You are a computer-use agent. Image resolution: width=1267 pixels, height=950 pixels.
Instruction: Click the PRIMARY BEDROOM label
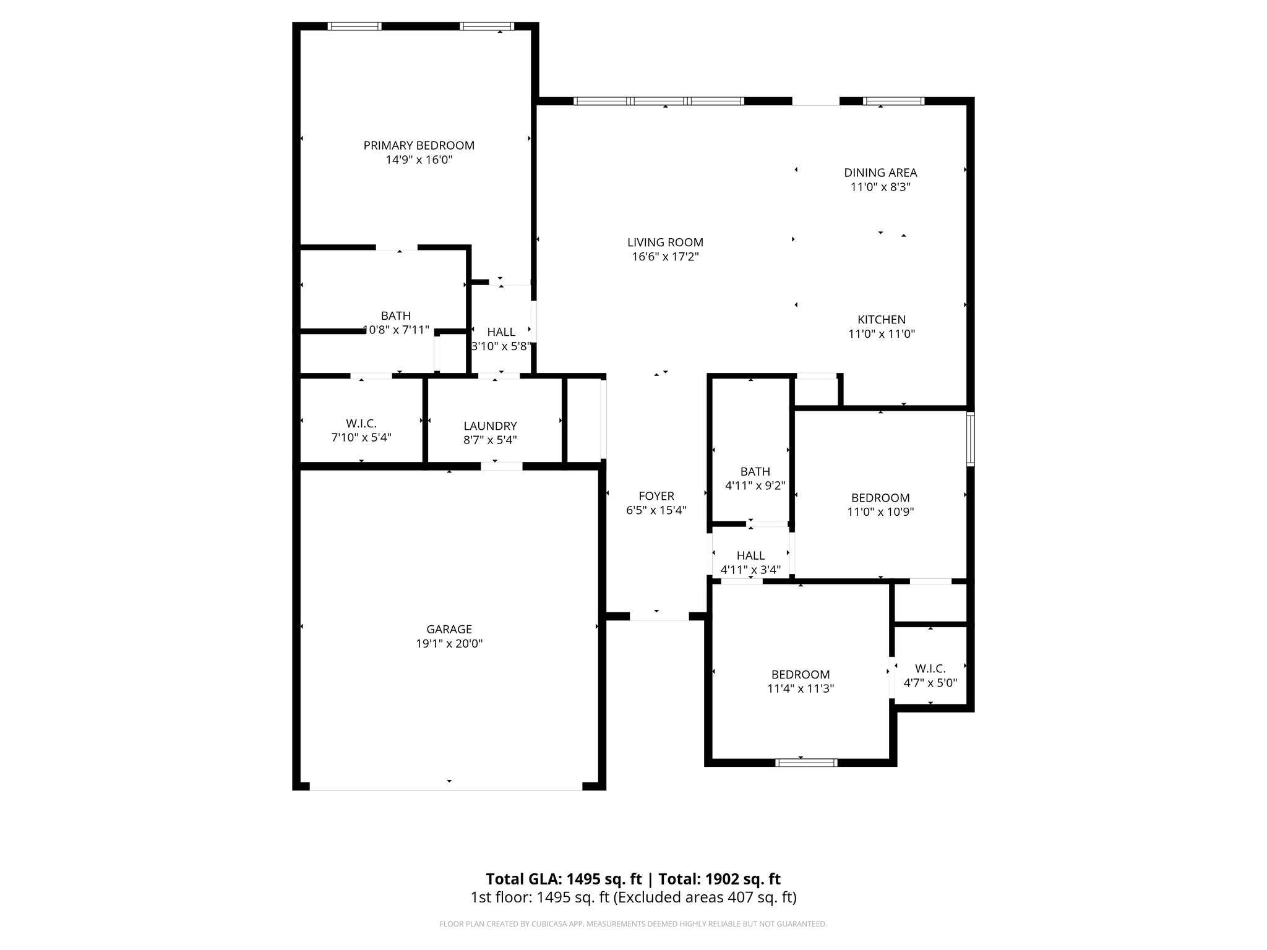(x=419, y=145)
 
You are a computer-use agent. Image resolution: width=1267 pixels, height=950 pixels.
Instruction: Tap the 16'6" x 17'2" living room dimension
(x=665, y=257)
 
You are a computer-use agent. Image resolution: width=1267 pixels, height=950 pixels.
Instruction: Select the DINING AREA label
(x=880, y=173)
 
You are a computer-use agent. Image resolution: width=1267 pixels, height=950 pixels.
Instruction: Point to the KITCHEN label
(x=881, y=320)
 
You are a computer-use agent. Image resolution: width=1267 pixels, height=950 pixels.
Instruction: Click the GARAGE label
(x=449, y=629)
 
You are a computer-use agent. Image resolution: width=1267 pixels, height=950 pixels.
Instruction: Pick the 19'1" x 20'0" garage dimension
(x=449, y=644)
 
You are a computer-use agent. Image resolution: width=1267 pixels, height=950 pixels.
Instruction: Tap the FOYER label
(x=656, y=496)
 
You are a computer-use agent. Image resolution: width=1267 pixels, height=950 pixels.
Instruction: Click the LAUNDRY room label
(x=490, y=426)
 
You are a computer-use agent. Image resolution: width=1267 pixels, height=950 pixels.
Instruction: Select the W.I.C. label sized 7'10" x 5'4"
(x=361, y=424)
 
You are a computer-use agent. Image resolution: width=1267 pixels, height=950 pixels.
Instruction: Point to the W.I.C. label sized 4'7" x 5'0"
(x=930, y=669)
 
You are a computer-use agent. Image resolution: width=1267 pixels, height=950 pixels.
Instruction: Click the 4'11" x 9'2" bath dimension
(x=755, y=486)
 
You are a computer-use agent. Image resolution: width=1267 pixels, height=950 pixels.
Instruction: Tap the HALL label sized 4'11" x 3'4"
(x=750, y=555)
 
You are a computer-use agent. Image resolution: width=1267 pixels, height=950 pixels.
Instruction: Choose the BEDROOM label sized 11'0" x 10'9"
(x=880, y=498)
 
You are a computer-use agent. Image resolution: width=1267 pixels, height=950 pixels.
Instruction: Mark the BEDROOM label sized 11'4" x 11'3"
(x=801, y=675)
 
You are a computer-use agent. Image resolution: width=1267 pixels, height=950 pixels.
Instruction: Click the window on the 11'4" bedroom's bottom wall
(x=806, y=763)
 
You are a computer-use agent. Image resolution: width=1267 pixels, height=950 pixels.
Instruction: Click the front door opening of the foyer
(x=659, y=617)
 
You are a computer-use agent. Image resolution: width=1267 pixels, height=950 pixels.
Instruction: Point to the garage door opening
(x=445, y=787)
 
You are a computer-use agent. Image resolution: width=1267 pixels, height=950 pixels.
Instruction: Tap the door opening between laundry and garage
(x=501, y=466)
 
